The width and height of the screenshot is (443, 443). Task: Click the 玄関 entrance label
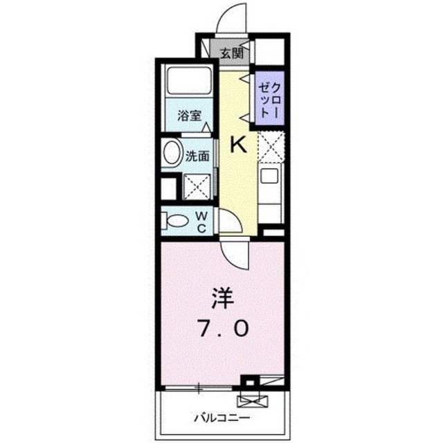click(x=231, y=53)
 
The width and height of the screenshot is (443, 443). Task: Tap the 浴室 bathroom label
click(x=189, y=116)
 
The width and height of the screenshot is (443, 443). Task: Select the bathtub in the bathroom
click(x=189, y=81)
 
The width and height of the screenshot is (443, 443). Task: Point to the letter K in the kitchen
click(x=238, y=145)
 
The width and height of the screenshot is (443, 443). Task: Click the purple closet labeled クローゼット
click(x=270, y=98)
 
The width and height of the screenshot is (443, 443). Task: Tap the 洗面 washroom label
click(x=197, y=156)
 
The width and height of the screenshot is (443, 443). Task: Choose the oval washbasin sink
click(x=172, y=154)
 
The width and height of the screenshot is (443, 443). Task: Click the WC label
click(x=201, y=222)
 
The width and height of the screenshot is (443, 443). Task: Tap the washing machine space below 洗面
click(x=197, y=187)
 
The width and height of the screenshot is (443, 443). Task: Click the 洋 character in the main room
click(x=224, y=299)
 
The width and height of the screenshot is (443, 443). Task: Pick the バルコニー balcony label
click(x=222, y=417)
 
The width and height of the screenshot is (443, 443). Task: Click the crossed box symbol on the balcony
click(x=253, y=401)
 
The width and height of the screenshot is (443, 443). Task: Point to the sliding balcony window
click(x=199, y=388)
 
